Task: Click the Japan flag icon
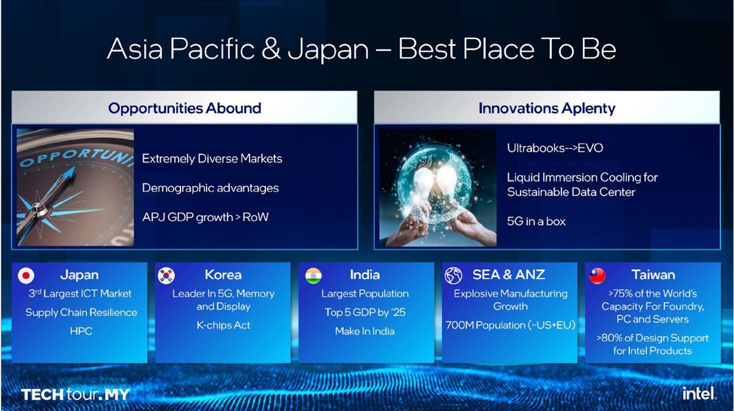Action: click(x=26, y=275)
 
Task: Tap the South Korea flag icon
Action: click(x=166, y=275)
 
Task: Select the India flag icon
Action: click(x=313, y=275)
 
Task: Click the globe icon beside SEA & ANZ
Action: click(x=453, y=275)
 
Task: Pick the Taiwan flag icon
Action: click(x=597, y=275)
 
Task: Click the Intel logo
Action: click(x=699, y=393)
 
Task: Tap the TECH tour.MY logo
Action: click(x=75, y=394)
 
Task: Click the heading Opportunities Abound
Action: click(x=185, y=108)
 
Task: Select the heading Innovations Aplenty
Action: click(x=547, y=108)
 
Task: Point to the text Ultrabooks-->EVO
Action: click(x=555, y=148)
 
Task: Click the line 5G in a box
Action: click(x=536, y=221)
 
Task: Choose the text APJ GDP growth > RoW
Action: click(x=206, y=217)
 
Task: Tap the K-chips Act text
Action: click(x=223, y=325)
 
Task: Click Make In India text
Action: click(x=365, y=331)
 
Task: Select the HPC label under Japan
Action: click(x=81, y=331)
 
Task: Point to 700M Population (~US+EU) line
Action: click(x=510, y=325)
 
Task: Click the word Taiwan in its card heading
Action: click(x=653, y=275)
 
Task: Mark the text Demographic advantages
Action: click(x=210, y=188)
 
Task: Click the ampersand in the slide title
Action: click(x=271, y=49)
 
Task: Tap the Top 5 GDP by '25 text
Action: click(x=365, y=313)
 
